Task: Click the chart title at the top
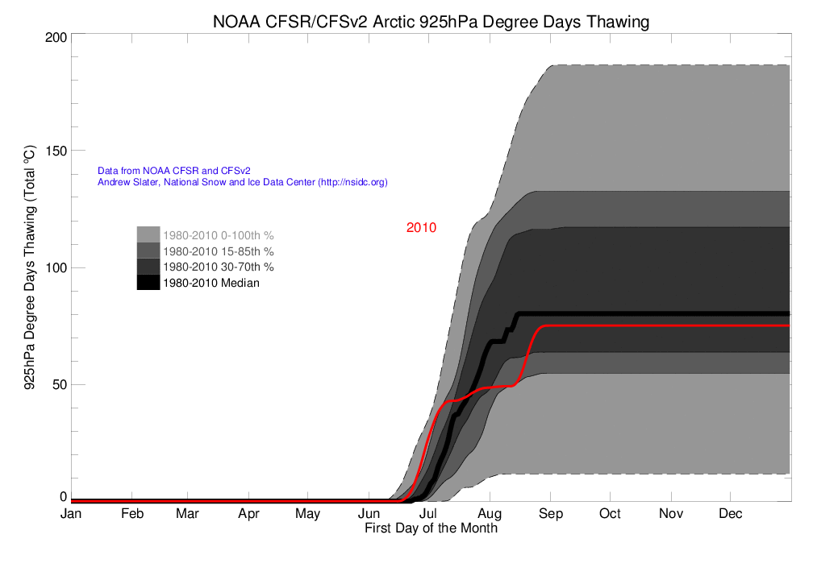coord(431,22)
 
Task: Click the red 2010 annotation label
coord(421,228)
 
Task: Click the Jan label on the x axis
coord(71,514)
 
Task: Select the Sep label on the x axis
coord(550,514)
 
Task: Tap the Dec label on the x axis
coord(730,514)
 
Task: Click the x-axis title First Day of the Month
coord(431,529)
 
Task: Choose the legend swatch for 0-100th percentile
coord(148,234)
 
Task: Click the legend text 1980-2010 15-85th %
coord(219,251)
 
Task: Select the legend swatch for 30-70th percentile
coord(148,267)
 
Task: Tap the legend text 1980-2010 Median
coord(211,283)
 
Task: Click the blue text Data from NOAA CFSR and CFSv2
coord(174,171)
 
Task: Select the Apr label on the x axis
coord(249,514)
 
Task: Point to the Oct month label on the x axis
coord(610,514)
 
